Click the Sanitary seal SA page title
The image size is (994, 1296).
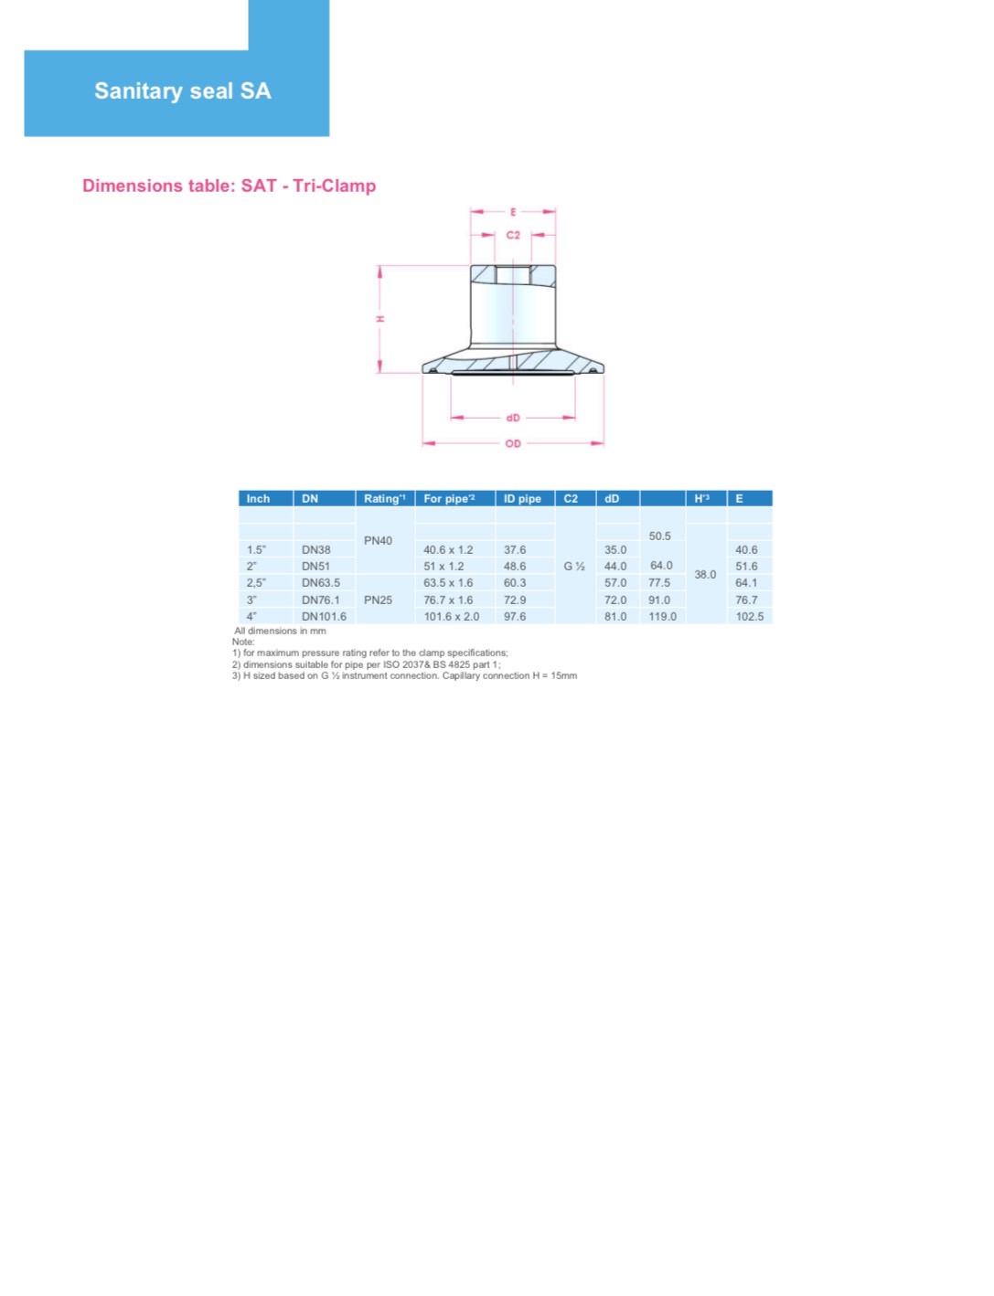pos(183,90)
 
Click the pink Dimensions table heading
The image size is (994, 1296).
pos(230,186)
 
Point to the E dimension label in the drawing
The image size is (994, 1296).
pos(512,212)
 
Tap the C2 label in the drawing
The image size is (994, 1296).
pos(512,235)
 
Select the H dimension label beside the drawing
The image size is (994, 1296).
pos(380,319)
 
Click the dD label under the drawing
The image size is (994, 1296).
pos(512,418)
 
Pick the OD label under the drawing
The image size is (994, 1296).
pos(512,443)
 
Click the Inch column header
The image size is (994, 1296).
pos(258,499)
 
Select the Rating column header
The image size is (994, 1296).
pos(384,499)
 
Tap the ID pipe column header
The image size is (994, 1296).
pos(522,499)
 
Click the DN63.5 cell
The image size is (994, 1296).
pos(320,583)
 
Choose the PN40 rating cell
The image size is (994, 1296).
pos(378,540)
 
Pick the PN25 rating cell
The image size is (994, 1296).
pos(378,600)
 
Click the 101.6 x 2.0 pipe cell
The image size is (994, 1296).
pos(451,617)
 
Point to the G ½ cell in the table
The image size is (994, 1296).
pos(574,566)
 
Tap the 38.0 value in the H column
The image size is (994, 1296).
pos(705,574)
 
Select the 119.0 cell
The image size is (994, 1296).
pos(662,617)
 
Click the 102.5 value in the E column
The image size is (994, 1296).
pos(749,617)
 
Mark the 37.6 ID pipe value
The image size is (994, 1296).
pos(514,549)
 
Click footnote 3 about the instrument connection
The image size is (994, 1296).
pos(404,675)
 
